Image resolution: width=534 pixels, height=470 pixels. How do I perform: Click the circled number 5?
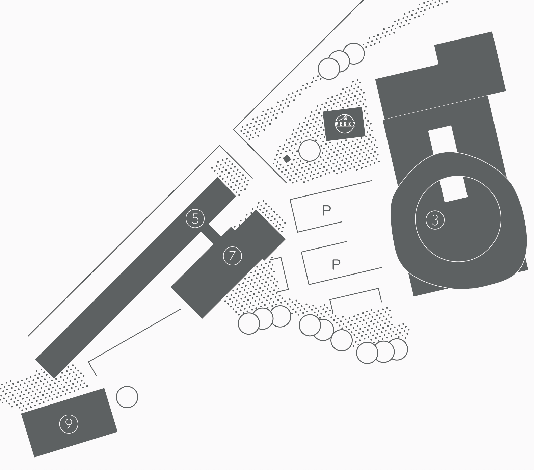(195, 218)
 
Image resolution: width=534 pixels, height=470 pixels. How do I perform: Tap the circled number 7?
(233, 256)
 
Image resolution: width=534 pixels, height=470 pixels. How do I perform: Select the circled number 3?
(435, 220)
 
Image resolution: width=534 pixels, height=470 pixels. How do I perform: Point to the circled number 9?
(69, 423)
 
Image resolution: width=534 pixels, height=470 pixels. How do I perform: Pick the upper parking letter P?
(327, 210)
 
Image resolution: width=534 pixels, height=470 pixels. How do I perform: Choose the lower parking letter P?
(336, 264)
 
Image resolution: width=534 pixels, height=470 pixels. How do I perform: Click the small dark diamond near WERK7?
(287, 159)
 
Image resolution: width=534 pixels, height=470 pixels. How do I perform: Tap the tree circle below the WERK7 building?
(309, 151)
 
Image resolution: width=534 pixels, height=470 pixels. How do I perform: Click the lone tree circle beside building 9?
(127, 397)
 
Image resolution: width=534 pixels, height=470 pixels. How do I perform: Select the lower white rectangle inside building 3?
(454, 189)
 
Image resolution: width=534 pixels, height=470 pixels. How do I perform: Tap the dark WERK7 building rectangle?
(344, 124)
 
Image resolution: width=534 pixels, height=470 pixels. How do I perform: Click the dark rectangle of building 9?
(69, 423)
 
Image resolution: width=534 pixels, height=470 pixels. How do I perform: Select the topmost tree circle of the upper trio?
(354, 53)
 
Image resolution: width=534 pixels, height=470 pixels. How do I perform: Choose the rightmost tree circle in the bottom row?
(397, 349)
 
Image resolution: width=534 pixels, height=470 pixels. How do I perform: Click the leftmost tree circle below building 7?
(249, 323)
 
